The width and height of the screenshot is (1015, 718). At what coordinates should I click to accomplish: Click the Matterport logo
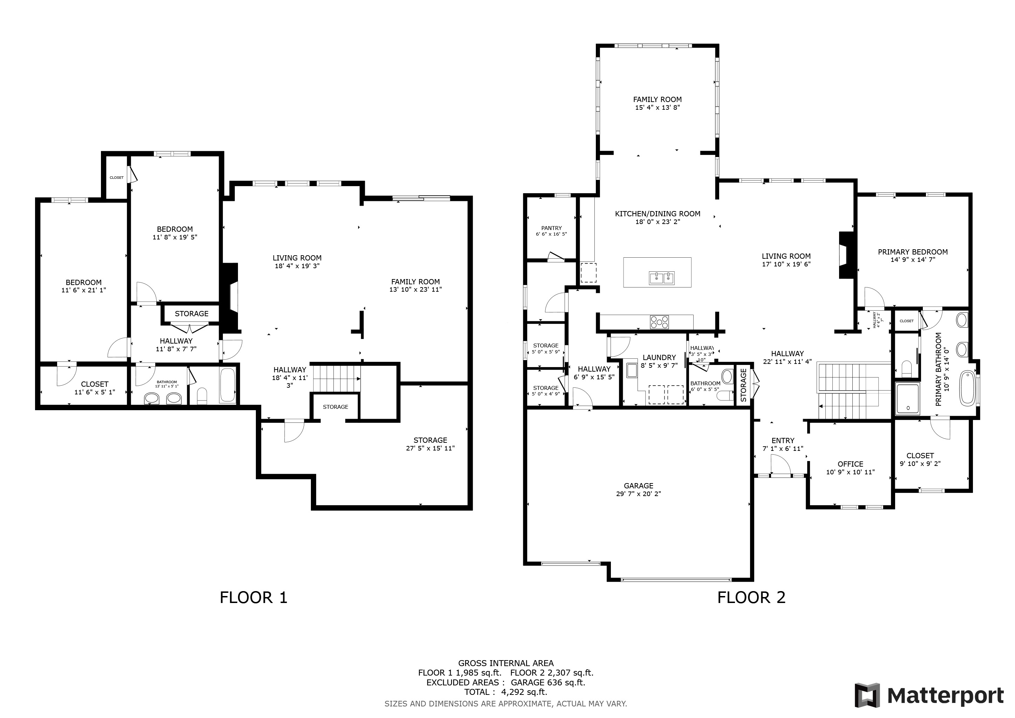929,696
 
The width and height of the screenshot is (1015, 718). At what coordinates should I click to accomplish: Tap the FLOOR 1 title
253,598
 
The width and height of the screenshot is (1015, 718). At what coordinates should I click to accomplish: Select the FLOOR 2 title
751,598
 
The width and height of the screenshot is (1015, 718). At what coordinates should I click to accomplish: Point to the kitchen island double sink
662,278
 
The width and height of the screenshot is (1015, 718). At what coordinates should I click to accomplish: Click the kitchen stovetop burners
659,322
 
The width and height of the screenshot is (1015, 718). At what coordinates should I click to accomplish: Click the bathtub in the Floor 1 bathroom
228,385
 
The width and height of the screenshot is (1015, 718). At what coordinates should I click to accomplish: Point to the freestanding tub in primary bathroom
967,388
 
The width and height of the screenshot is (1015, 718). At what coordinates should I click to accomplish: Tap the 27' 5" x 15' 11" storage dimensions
430,448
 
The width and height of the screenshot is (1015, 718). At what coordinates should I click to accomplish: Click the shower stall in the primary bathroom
907,399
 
